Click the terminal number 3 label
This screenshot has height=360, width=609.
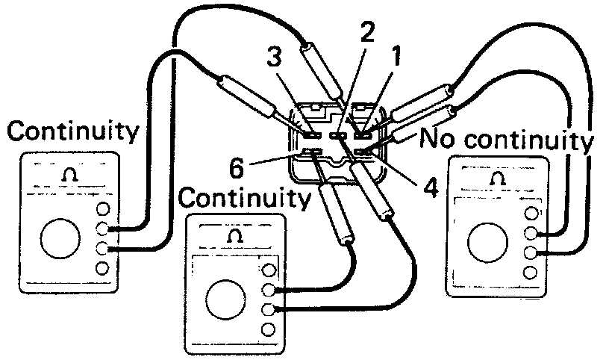[x=275, y=58]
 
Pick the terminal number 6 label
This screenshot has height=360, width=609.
[x=237, y=167]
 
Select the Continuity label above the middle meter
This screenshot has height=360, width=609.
[x=246, y=198]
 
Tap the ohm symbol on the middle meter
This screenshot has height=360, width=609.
[x=234, y=236]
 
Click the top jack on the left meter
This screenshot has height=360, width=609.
[x=103, y=211]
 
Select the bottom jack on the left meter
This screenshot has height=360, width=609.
[x=103, y=267]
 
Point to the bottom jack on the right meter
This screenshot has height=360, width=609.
[x=531, y=272]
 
